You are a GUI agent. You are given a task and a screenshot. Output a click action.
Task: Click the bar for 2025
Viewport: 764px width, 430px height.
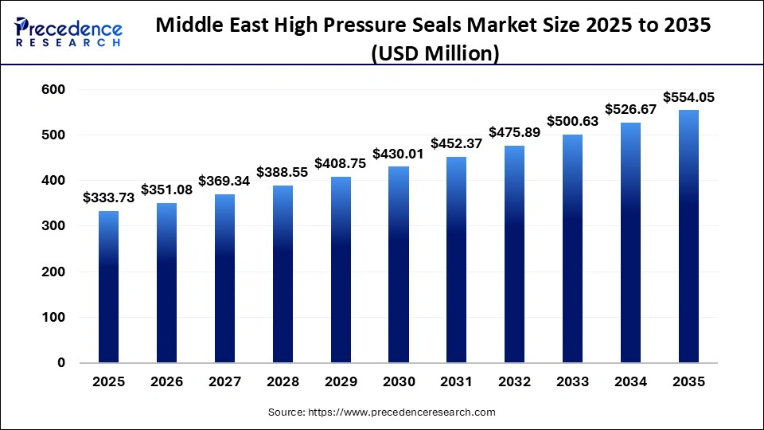pos(108,287)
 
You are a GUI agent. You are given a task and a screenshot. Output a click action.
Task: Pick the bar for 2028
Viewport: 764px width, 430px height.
pos(283,274)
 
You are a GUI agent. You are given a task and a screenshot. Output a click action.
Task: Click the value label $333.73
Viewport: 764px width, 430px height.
pos(108,197)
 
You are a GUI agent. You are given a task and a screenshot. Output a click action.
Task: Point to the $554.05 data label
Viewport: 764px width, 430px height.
pos(688,97)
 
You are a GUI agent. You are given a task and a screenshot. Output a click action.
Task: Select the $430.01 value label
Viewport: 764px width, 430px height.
pos(399,153)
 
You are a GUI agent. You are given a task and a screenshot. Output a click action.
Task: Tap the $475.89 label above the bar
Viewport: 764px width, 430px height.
pos(515,132)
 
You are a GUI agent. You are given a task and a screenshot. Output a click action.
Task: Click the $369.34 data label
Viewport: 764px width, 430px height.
pos(224,181)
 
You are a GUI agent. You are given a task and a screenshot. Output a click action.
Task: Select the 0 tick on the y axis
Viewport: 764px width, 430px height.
pos(61,362)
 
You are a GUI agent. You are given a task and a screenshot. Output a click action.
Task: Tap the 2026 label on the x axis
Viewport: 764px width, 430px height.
pos(166,382)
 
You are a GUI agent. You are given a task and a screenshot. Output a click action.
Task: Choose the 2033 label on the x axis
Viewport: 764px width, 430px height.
pos(573,382)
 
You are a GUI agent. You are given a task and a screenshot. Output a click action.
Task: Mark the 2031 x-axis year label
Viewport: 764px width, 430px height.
pos(457,382)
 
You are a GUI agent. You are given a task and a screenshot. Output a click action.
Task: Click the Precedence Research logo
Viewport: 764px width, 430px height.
pos(68,33)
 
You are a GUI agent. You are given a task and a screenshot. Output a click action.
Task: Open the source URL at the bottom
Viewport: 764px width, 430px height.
pos(381,412)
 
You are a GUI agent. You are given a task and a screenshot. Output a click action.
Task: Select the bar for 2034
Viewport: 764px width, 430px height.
pos(631,243)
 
